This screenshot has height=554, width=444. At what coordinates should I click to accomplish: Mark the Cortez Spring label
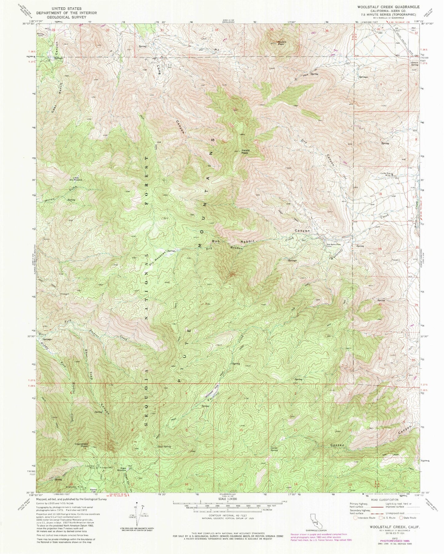coord(276,449)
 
